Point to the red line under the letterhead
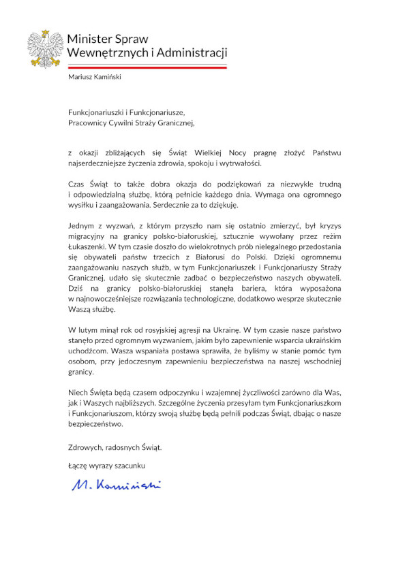point(147,67)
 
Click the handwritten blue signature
point(117,485)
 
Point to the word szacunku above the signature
point(130,465)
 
